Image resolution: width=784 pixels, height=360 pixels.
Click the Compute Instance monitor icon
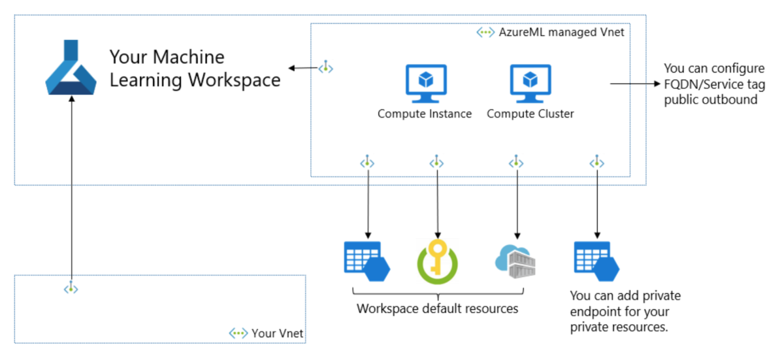[x=425, y=84]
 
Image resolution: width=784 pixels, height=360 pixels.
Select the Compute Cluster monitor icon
[x=530, y=84]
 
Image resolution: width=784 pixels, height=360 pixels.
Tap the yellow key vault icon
[x=437, y=260]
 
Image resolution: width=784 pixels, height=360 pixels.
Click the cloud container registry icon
[x=516, y=260]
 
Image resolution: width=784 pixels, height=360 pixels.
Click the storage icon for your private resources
[x=596, y=260]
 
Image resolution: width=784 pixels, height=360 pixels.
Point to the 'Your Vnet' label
[x=277, y=334]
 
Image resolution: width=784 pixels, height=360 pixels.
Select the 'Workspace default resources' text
[x=437, y=308]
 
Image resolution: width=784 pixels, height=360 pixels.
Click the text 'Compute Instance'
[x=425, y=114]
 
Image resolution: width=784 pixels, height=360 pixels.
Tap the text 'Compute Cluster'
[x=530, y=114]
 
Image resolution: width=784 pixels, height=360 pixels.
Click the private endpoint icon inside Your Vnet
[x=71, y=288]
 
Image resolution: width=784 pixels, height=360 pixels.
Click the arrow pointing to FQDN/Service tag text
[x=634, y=84]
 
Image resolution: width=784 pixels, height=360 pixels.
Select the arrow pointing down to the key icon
[x=437, y=203]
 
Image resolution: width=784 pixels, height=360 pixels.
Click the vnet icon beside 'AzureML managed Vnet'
[x=485, y=32]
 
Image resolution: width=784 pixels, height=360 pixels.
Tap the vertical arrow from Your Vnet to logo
[x=71, y=189]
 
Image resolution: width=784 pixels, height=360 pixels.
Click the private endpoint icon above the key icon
[x=437, y=161]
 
